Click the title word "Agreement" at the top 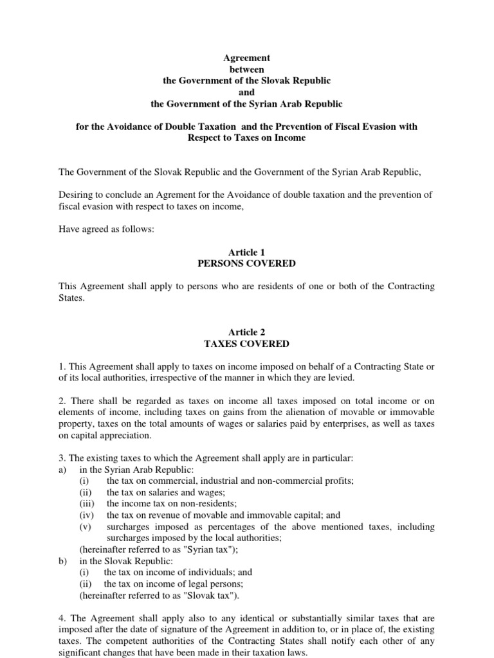[x=246, y=58]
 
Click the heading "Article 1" [x=246, y=253]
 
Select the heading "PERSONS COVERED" [x=246, y=263]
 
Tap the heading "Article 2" [x=246, y=332]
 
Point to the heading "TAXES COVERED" [x=246, y=344]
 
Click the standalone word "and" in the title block [x=246, y=92]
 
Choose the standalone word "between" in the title [x=246, y=69]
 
